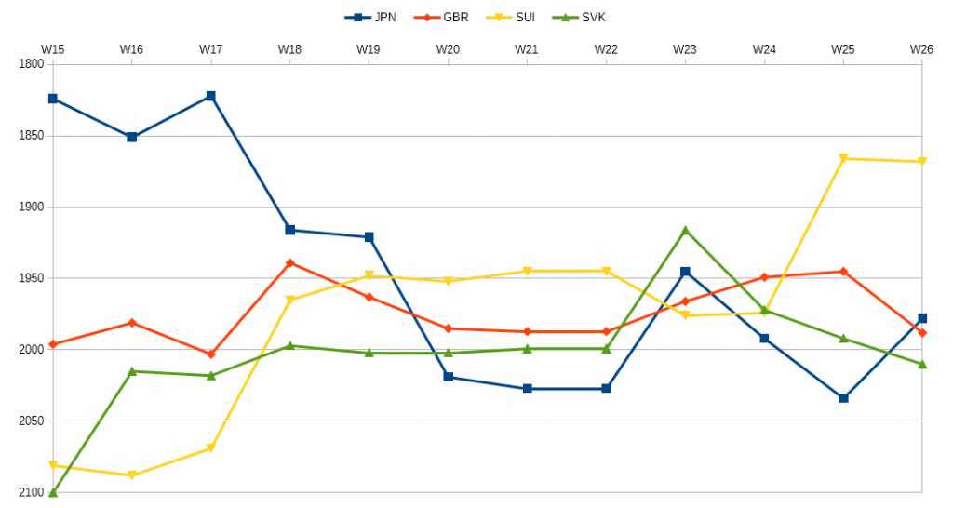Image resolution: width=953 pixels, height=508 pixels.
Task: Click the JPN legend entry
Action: point(370,17)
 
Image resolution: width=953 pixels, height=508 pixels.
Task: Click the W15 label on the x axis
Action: point(53,48)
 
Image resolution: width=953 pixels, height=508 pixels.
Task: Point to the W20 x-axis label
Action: point(448,48)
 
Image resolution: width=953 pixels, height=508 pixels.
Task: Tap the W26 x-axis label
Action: point(921,48)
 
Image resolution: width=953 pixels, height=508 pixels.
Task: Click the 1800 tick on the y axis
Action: point(31,64)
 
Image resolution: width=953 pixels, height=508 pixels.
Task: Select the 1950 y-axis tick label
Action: point(31,278)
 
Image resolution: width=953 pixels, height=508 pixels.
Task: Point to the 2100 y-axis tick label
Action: point(31,492)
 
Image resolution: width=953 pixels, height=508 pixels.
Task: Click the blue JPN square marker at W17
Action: point(211,96)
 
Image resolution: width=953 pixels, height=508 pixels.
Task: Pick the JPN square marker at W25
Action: point(843,398)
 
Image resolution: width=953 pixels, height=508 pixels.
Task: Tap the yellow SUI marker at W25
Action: point(843,159)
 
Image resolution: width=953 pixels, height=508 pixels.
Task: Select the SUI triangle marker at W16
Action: point(132,475)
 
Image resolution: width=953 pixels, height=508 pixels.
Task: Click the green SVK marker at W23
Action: point(685,230)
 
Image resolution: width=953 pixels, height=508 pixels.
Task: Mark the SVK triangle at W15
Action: point(53,492)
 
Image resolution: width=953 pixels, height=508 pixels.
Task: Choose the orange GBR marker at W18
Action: point(290,262)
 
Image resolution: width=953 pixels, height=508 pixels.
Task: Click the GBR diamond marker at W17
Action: point(211,354)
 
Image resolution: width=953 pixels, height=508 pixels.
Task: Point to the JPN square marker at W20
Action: point(449,377)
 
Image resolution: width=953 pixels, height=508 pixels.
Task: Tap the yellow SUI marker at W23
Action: point(685,316)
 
